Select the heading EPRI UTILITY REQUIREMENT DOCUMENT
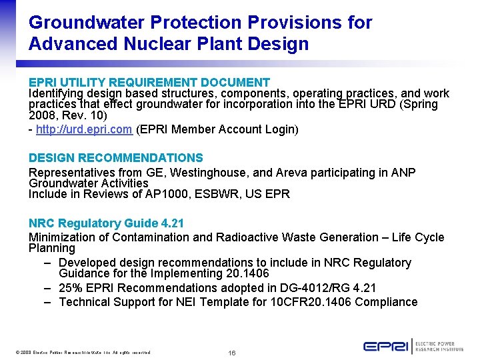pyautogui.click(x=149, y=83)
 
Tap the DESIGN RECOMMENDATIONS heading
pyautogui.click(x=115, y=158)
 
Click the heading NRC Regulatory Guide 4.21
pyautogui.click(x=106, y=223)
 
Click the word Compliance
pyautogui.click(x=387, y=302)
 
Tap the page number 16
pyautogui.click(x=233, y=352)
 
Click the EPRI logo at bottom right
pyautogui.click(x=386, y=346)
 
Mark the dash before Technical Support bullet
pyautogui.click(x=49, y=302)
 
